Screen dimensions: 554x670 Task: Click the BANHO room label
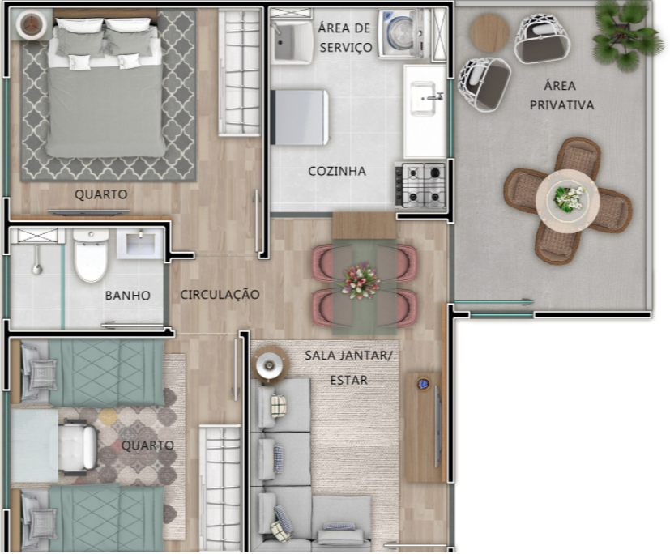(x=127, y=296)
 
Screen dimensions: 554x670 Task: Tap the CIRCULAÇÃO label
(x=220, y=295)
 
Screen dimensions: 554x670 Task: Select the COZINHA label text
(x=337, y=171)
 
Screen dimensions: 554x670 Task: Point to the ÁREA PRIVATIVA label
(x=561, y=95)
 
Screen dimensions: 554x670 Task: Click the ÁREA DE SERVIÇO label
(x=345, y=37)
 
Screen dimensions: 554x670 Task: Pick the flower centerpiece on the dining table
(x=361, y=280)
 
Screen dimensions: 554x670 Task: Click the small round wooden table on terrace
(x=489, y=33)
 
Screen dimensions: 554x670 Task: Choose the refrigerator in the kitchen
(x=299, y=117)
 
